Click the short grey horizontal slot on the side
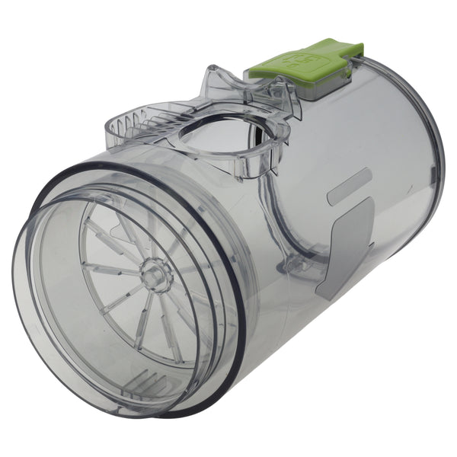tap(349, 187)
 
